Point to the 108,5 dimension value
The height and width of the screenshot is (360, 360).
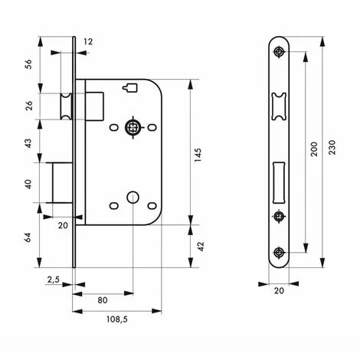point(116,320)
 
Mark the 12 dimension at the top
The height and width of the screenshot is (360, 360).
point(89,41)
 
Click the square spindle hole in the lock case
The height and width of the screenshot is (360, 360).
point(133,126)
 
